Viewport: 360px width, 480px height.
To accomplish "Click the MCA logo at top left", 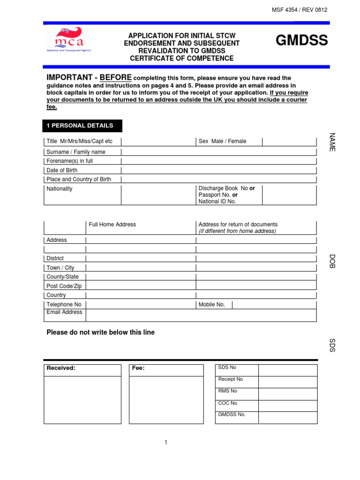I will click(68, 39).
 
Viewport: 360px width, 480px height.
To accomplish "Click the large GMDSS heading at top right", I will click(301, 41).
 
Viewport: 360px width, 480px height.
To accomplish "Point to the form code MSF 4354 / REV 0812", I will click(300, 10).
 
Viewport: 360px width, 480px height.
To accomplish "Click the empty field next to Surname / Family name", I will click(218, 152).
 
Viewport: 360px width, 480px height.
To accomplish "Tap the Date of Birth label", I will click(62, 170).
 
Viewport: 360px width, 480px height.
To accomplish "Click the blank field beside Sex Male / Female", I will click(289, 142).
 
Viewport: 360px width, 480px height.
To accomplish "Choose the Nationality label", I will click(60, 189).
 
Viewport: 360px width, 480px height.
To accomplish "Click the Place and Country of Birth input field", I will click(218, 180).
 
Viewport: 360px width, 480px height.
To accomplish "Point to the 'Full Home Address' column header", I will click(112, 225).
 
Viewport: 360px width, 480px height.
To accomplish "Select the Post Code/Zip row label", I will click(64, 286).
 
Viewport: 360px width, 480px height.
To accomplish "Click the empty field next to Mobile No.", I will click(274, 305).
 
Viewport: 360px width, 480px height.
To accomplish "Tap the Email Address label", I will click(64, 312).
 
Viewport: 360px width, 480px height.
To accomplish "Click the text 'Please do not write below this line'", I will click(100, 332).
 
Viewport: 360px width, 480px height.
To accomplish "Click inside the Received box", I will click(82, 398).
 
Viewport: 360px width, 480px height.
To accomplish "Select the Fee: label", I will click(138, 368).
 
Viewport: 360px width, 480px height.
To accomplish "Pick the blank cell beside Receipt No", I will click(288, 382).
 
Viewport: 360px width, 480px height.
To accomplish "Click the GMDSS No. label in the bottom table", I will click(232, 414).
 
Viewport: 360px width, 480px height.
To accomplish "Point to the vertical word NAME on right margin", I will click(332, 142).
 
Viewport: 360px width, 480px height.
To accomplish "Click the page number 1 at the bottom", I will click(166, 442).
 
